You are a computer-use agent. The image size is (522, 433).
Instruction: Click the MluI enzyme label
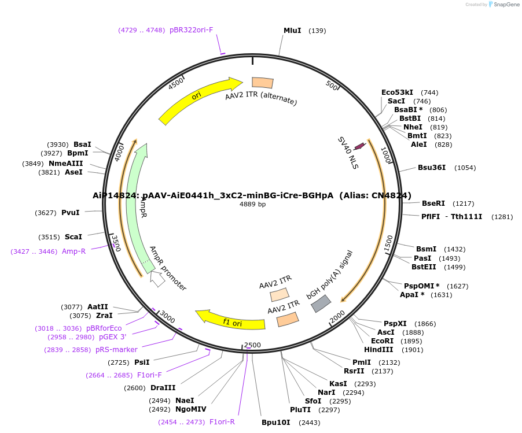292,30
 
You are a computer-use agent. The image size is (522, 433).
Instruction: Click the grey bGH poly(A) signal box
321,304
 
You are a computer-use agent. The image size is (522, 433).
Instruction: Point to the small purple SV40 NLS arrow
359,146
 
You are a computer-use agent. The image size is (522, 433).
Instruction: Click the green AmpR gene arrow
136,208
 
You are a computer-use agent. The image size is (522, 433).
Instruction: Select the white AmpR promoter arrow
157,279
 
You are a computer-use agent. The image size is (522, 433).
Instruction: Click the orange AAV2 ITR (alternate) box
263,83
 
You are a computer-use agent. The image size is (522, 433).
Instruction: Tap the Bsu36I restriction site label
432,168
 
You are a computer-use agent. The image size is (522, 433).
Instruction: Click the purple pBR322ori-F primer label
192,29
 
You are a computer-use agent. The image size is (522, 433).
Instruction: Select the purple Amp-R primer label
74,251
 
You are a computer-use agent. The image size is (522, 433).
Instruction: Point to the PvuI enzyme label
71,213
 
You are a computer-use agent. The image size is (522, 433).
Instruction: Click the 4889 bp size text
253,204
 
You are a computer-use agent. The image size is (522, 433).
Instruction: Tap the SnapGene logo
504,5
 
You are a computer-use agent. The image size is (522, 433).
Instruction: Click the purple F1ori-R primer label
222,422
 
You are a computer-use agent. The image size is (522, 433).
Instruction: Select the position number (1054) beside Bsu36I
465,168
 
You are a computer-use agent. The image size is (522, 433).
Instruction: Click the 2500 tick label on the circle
253,345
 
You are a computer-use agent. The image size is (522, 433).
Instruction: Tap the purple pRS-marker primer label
116,350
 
